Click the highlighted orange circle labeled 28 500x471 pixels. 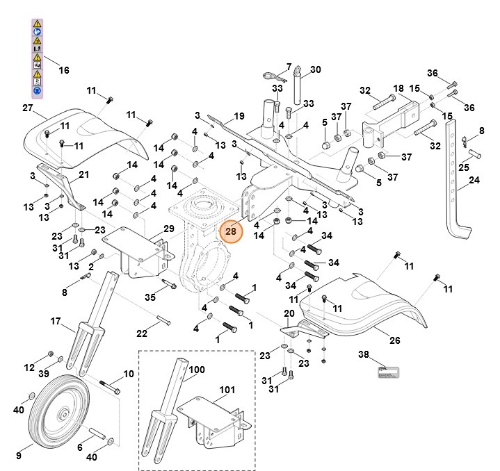click(x=230, y=231)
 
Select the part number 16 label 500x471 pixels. click(x=63, y=70)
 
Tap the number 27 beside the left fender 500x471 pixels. click(x=28, y=108)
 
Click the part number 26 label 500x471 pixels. click(x=394, y=340)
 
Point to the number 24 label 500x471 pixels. click(x=474, y=180)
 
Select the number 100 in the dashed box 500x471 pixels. click(x=196, y=370)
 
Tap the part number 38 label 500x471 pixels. click(x=363, y=354)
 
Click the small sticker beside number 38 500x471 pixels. click(x=385, y=372)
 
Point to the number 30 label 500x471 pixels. click(x=315, y=69)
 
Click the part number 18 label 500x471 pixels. click(x=398, y=88)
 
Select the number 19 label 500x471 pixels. click(x=239, y=116)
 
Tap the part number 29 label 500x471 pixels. click(x=168, y=229)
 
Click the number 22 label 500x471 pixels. click(x=142, y=334)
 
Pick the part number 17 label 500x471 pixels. click(x=56, y=321)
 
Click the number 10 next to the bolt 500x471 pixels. click(x=128, y=374)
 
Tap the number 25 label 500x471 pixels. click(x=463, y=167)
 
